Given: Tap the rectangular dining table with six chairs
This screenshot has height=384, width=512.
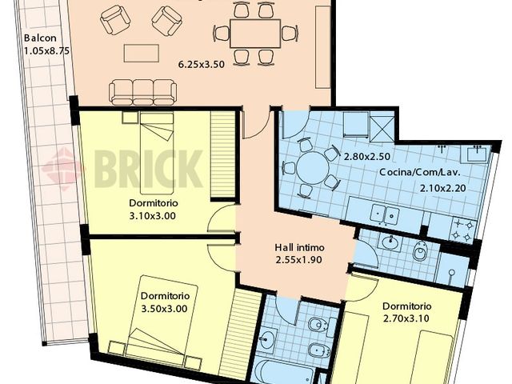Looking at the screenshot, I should tap(247, 33).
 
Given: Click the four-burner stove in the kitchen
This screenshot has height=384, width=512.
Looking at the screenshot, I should tap(463, 230).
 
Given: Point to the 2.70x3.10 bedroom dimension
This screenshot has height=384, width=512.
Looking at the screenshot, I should tap(407, 318).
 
